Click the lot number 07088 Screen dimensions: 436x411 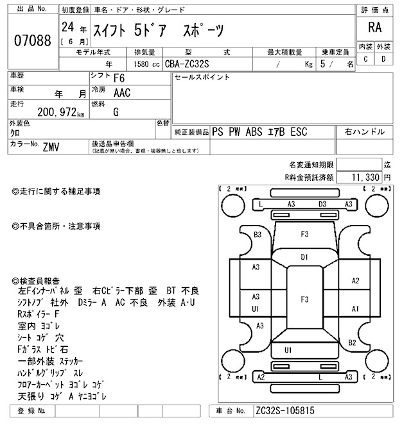[32, 40]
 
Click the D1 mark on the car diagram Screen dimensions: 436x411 [305, 257]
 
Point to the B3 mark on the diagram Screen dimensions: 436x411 [258, 235]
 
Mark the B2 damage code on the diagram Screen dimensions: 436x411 [352, 342]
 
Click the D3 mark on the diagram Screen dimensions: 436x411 [323, 204]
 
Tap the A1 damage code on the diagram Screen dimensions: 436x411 [355, 308]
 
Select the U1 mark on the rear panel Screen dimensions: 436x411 [288, 349]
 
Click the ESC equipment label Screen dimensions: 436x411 [299, 132]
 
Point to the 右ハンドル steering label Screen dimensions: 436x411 [365, 131]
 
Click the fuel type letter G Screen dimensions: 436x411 [116, 112]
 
